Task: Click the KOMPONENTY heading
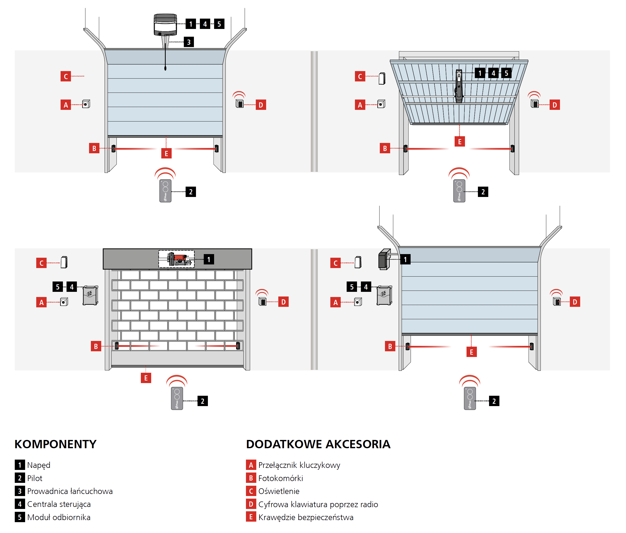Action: (55, 444)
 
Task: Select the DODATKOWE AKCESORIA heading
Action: (318, 444)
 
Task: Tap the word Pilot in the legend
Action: (35, 478)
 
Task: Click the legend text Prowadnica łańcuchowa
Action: (70, 491)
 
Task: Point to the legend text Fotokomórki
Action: (280, 478)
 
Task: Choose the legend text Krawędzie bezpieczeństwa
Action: (306, 517)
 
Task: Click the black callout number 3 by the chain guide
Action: (189, 42)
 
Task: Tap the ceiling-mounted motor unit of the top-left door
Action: (165, 25)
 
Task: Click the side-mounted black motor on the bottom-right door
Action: (384, 259)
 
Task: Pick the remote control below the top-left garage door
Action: (165, 191)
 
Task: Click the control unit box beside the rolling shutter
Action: (90, 295)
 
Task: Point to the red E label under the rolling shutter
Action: (146, 378)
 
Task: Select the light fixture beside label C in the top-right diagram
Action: (382, 78)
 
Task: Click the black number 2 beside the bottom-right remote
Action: (494, 401)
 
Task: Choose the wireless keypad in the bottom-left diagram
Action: (262, 301)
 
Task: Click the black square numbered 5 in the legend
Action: (20, 517)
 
